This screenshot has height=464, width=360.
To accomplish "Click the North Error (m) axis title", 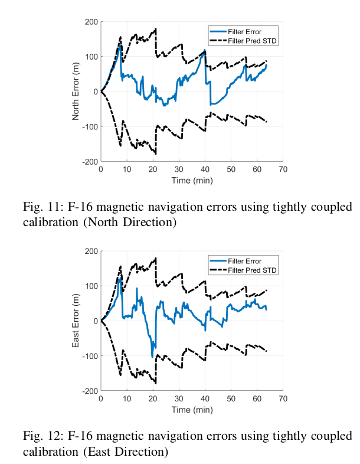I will (76, 92).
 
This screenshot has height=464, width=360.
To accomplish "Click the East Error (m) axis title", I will (76, 321).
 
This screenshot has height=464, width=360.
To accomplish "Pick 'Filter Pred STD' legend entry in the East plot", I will (253, 270).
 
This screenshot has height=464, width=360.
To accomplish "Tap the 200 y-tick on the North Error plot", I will (91, 22).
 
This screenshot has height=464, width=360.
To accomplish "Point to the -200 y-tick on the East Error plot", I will (90, 391).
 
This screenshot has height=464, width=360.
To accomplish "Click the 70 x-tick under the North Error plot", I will (283, 169).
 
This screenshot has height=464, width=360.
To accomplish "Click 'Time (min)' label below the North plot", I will (192, 180).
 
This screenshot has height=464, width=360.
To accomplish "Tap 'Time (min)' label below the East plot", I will (192, 409).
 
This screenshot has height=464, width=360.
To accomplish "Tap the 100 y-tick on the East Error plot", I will (91, 286).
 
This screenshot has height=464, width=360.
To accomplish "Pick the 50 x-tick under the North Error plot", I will (231, 169).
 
